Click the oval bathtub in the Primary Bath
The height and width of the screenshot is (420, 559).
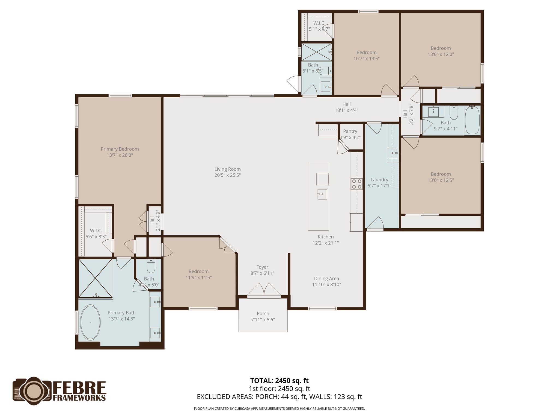(90, 323)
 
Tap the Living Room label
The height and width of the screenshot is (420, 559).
(227, 169)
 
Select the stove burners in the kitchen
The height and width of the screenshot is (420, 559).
(357, 184)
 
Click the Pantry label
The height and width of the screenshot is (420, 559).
(350, 131)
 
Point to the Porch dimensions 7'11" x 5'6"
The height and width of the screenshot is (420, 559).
(263, 320)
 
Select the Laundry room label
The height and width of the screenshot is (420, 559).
(379, 180)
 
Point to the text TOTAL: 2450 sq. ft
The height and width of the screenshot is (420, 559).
(279, 381)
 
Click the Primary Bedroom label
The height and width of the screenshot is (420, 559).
(120, 149)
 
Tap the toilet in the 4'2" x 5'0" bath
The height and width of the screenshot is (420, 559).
(151, 266)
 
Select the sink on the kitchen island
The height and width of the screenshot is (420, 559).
(322, 194)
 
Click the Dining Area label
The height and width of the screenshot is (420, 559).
(326, 278)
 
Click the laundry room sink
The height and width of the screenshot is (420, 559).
(393, 153)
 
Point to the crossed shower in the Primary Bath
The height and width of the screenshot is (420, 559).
(95, 278)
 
